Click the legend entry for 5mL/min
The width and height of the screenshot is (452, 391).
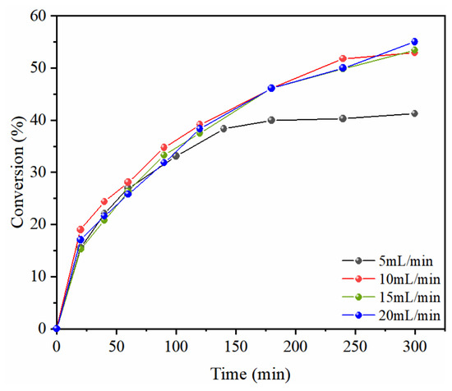(x=388, y=261)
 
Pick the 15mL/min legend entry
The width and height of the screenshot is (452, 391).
(x=391, y=297)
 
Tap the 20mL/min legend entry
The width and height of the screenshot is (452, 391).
(x=391, y=315)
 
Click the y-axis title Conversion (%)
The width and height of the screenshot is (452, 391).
(x=18, y=172)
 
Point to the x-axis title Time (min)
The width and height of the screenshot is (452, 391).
(x=250, y=374)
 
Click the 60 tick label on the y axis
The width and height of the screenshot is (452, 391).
(x=38, y=16)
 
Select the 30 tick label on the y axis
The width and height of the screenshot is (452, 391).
(x=38, y=172)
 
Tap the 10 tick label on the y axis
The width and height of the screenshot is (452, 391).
(x=38, y=277)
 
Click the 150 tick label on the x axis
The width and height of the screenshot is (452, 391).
(x=236, y=346)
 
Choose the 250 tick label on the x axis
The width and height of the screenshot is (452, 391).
(x=355, y=346)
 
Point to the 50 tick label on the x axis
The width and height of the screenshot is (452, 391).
(x=117, y=346)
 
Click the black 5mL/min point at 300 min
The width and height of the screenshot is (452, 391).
(x=414, y=113)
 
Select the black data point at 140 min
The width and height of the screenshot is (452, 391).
(x=224, y=129)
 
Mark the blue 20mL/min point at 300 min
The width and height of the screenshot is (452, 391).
(x=414, y=42)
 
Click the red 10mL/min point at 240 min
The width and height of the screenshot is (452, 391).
(x=343, y=58)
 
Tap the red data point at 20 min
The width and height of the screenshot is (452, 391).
(x=81, y=230)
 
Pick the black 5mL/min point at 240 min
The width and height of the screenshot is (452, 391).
(x=343, y=118)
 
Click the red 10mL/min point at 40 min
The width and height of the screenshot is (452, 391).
(x=104, y=201)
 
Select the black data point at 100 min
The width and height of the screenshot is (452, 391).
(x=176, y=156)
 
